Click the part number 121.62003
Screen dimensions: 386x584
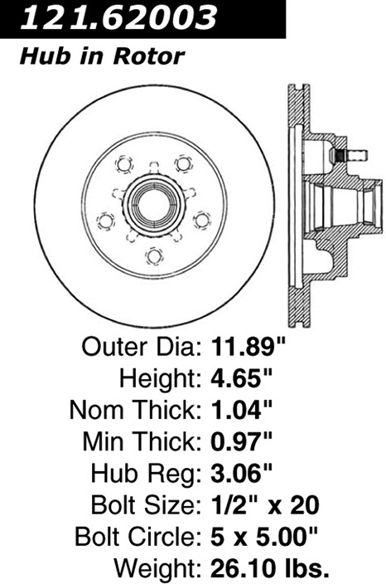pos(118,17)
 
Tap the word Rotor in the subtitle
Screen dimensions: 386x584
pos(149,56)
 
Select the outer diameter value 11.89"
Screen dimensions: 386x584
pos(248,347)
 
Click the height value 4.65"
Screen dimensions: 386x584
pos(242,378)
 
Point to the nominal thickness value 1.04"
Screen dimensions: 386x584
pos(242,409)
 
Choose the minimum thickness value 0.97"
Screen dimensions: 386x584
pos(242,441)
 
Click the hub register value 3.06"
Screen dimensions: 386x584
pos(242,473)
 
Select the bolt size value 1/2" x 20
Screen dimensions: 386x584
pos(265,504)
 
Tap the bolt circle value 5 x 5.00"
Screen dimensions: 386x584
pos(264,537)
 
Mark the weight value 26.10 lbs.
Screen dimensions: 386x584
pos(270,568)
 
